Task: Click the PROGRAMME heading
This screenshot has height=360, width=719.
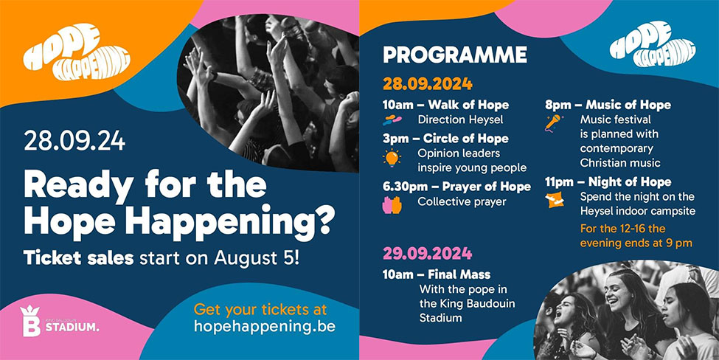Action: pyautogui.click(x=455, y=55)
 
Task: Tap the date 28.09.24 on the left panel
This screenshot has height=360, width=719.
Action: pyautogui.click(x=74, y=141)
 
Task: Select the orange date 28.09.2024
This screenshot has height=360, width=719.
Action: pyautogui.click(x=428, y=84)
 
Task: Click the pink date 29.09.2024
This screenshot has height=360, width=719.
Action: pyautogui.click(x=428, y=253)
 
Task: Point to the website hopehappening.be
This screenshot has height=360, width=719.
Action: pyautogui.click(x=265, y=327)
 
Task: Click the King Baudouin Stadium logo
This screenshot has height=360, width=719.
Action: pyautogui.click(x=59, y=321)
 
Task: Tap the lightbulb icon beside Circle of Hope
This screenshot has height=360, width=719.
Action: pyautogui.click(x=392, y=158)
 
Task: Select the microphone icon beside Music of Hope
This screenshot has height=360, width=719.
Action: pyautogui.click(x=554, y=122)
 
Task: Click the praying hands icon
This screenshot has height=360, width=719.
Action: pyautogui.click(x=392, y=205)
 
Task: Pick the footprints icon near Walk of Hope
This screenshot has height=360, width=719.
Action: pyautogui.click(x=392, y=120)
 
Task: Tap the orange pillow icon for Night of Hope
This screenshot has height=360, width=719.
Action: pyautogui.click(x=555, y=200)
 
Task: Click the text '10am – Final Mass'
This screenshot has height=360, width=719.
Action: pyautogui.click(x=437, y=274)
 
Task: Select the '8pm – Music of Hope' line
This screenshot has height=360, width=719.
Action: pyautogui.click(x=608, y=105)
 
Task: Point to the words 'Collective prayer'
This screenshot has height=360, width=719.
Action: pyautogui.click(x=462, y=202)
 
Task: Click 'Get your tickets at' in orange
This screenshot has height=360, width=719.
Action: pyautogui.click(x=260, y=309)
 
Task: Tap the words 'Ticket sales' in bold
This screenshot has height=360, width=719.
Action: pyautogui.click(x=78, y=258)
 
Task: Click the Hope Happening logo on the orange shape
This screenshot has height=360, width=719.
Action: pyautogui.click(x=77, y=52)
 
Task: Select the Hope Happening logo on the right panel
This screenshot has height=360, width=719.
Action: pyautogui.click(x=652, y=44)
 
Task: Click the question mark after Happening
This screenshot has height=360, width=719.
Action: pyautogui.click(x=325, y=221)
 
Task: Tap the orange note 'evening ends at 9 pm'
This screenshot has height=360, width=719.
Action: pyautogui.click(x=636, y=243)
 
